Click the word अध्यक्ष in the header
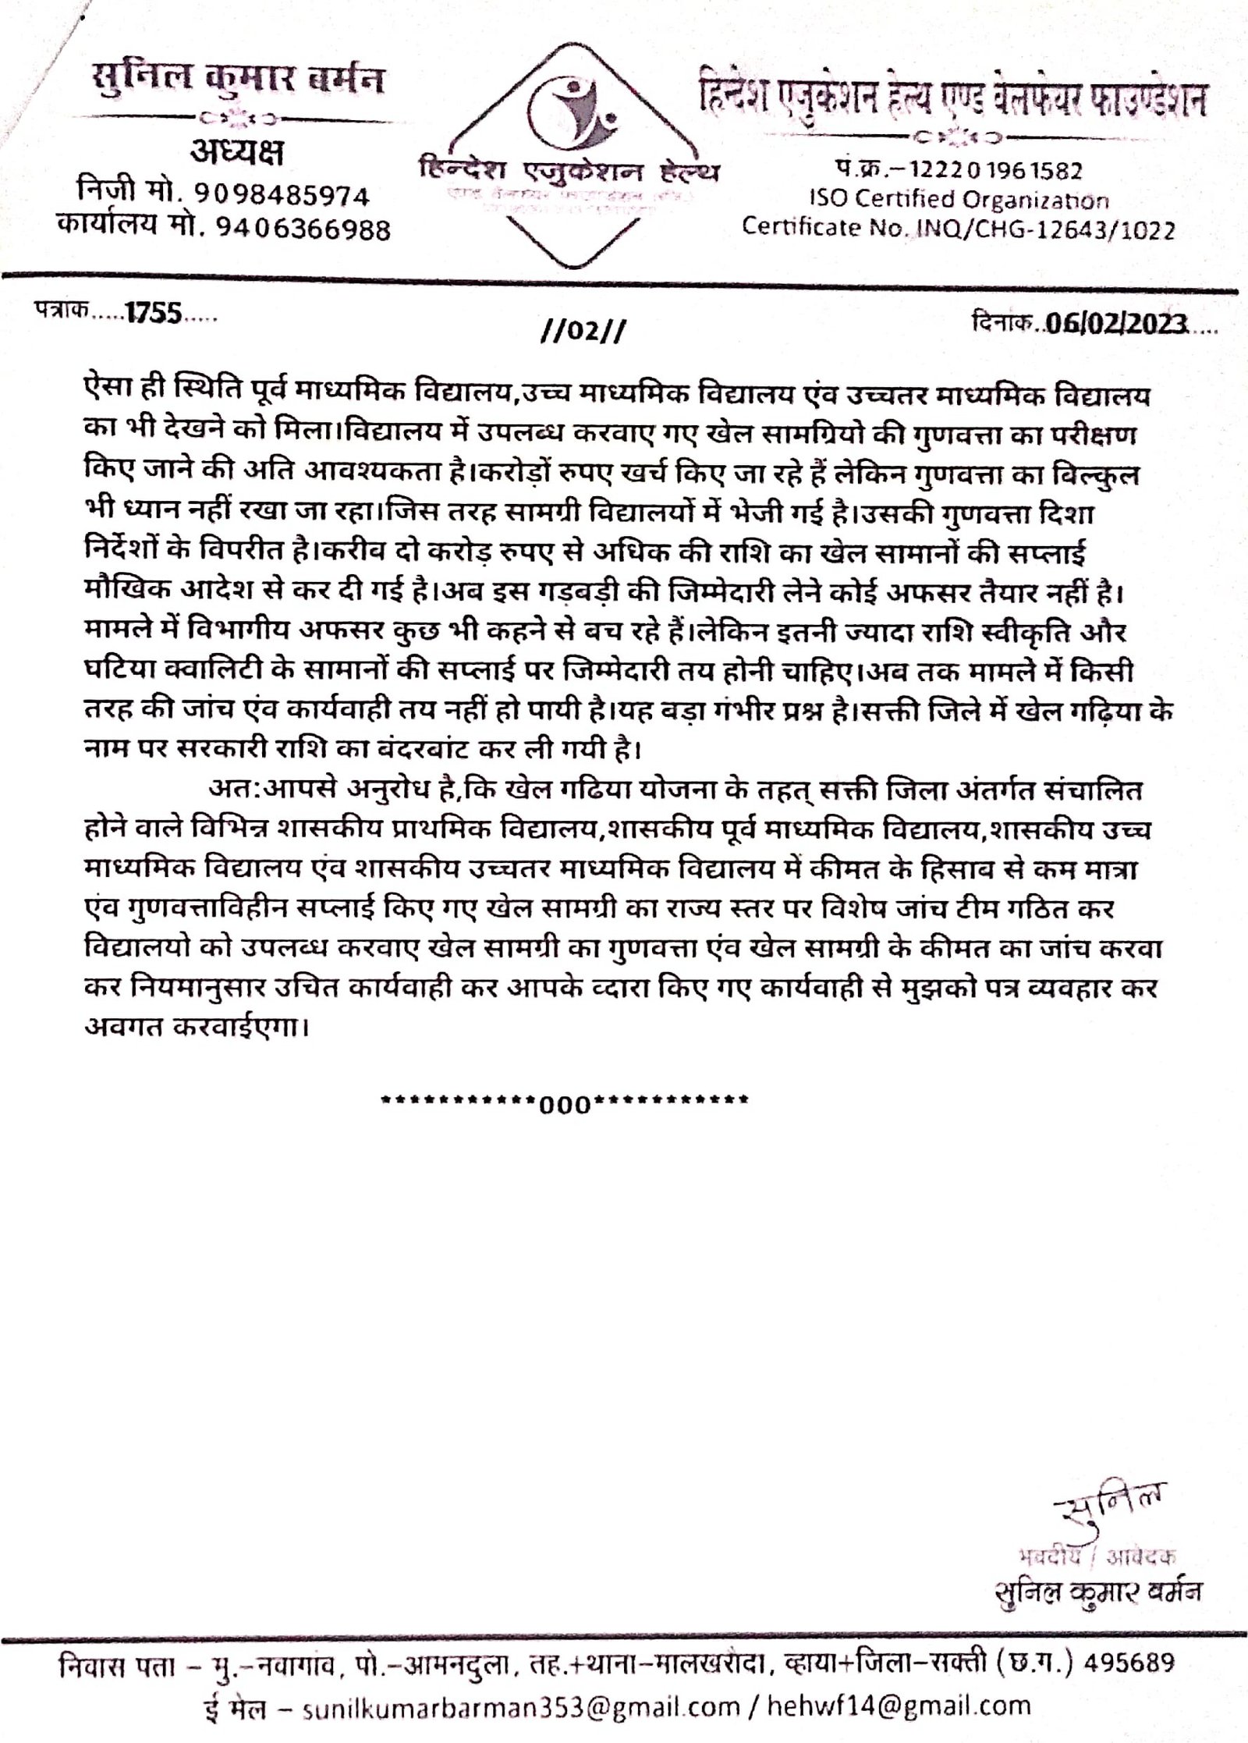point(237,154)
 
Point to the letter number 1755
point(154,314)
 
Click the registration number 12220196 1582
point(1002,170)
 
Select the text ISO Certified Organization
point(957,200)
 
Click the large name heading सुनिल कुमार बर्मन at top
point(238,78)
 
